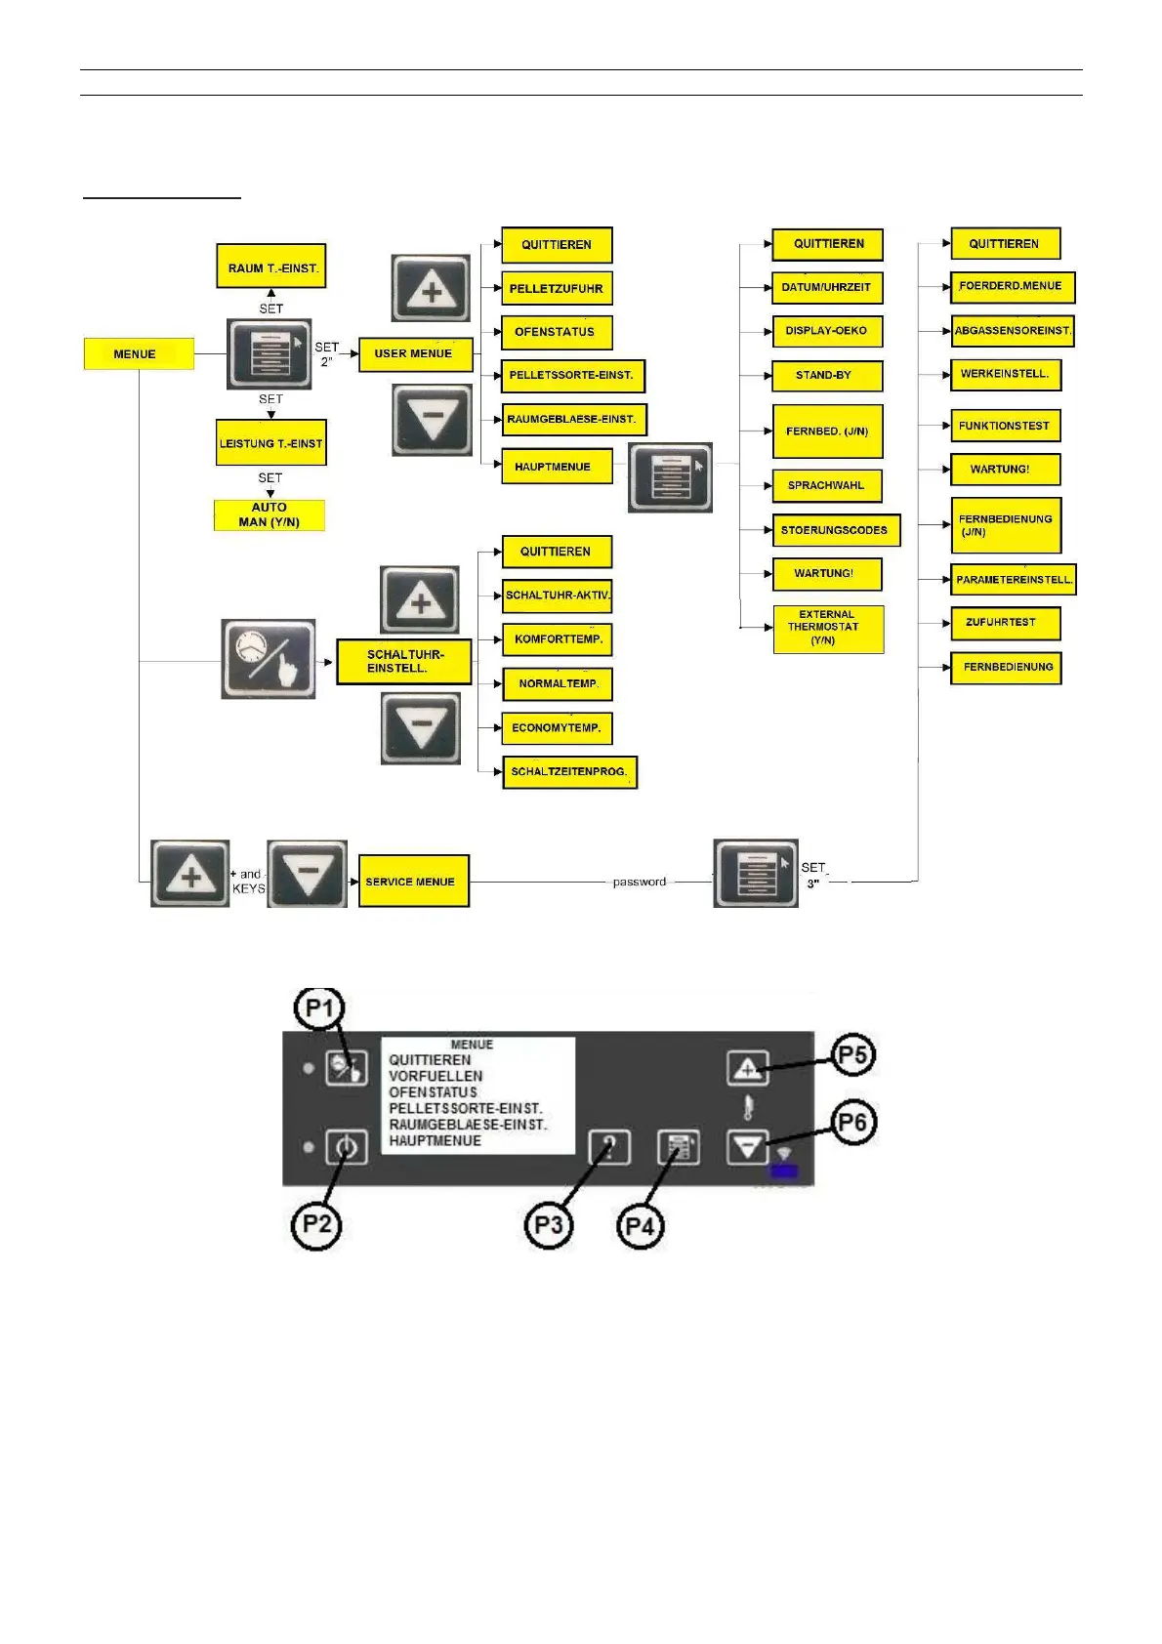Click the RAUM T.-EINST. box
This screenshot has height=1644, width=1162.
tap(270, 267)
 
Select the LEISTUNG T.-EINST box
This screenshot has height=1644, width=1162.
tap(270, 443)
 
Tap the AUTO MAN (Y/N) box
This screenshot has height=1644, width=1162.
tap(270, 514)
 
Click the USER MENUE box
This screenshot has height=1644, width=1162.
tap(415, 353)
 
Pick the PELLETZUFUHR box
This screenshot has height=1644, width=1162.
tap(557, 288)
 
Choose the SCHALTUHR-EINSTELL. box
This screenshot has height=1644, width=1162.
tap(404, 661)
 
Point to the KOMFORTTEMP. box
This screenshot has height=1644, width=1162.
tap(558, 639)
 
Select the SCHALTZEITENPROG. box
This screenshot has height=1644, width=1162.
tap(569, 771)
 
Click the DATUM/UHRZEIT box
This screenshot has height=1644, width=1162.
tap(826, 287)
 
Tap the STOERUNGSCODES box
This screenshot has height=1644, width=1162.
tap(835, 530)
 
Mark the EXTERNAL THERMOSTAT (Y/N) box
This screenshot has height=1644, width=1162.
tap(827, 628)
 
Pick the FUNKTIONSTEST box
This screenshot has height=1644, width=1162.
tap(1005, 426)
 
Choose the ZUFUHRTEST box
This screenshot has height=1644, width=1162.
tap(1005, 623)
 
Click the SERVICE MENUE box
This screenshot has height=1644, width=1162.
tap(413, 881)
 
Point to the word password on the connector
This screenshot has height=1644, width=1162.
tap(640, 882)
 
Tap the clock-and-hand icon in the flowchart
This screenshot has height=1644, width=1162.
tap(269, 658)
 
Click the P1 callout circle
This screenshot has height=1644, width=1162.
tap(319, 1008)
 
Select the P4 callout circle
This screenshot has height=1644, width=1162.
tap(640, 1226)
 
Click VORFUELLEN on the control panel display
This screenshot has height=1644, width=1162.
tap(436, 1076)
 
